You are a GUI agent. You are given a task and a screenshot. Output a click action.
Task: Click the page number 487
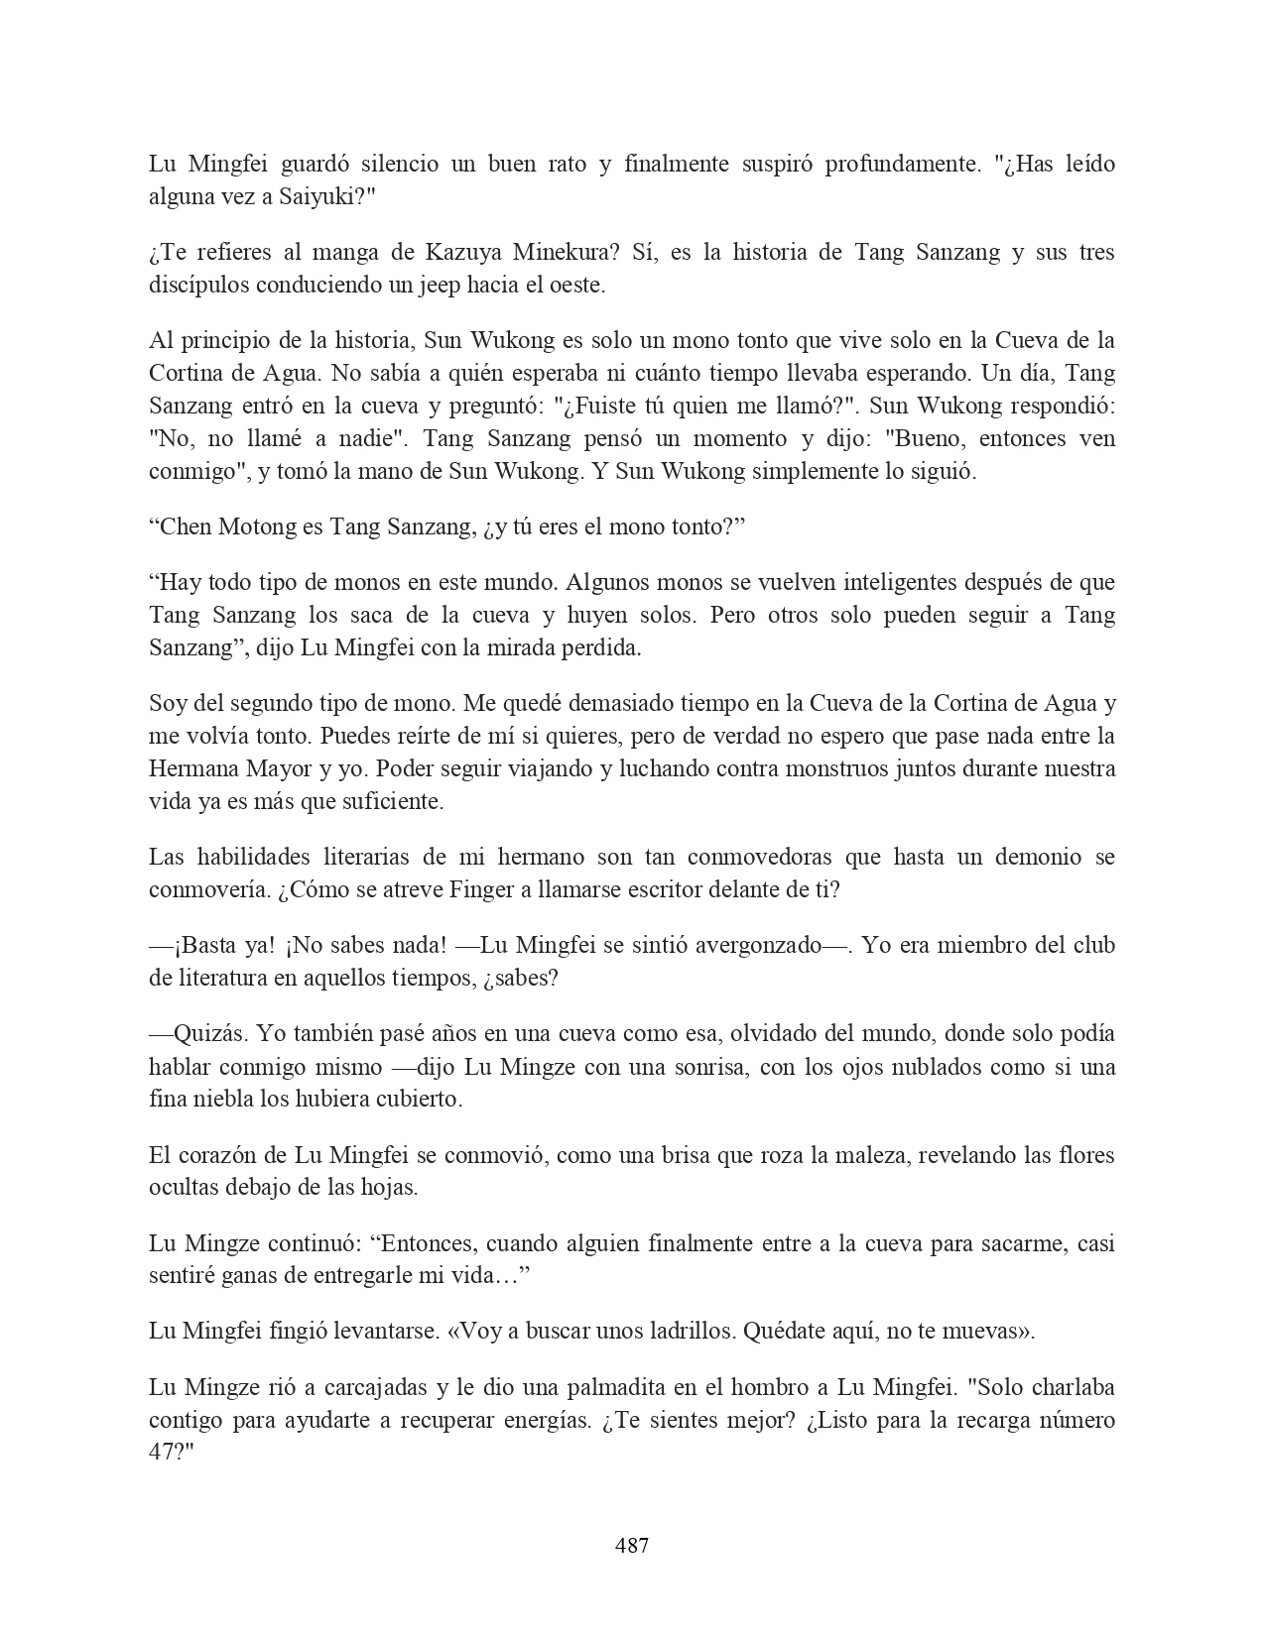click(632, 1545)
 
